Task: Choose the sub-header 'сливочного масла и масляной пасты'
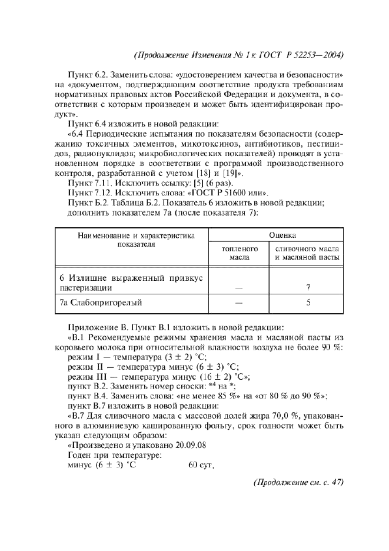tap(307, 253)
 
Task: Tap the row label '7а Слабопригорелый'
tap(101, 303)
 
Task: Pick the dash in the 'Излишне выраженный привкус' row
tap(239, 288)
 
